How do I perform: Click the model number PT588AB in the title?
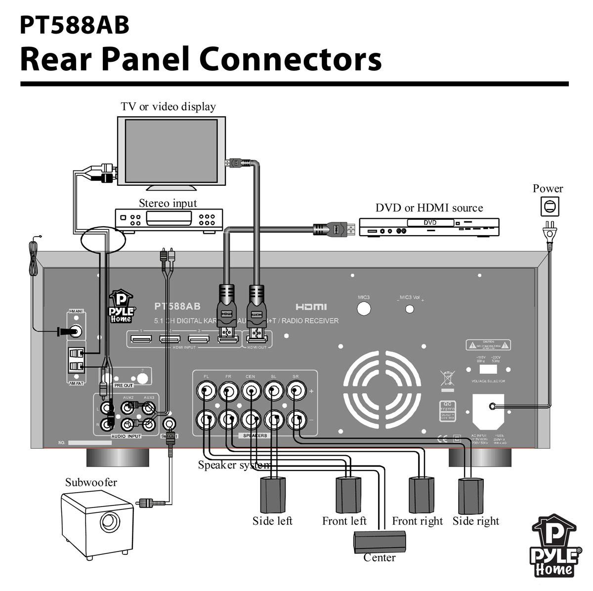click(x=75, y=25)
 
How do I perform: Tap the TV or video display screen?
click(x=171, y=150)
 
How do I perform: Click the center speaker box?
click(x=380, y=541)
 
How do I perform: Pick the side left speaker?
click(x=272, y=495)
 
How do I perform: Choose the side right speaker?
click(x=472, y=496)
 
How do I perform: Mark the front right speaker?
click(x=421, y=494)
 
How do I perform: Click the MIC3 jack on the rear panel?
click(x=364, y=308)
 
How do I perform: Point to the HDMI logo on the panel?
click(x=311, y=307)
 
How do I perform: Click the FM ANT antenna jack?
click(x=77, y=331)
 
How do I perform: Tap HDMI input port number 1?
click(x=141, y=339)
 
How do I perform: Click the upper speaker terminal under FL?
click(x=206, y=392)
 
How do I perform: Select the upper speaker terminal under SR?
click(x=296, y=392)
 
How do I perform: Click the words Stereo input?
click(x=168, y=203)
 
